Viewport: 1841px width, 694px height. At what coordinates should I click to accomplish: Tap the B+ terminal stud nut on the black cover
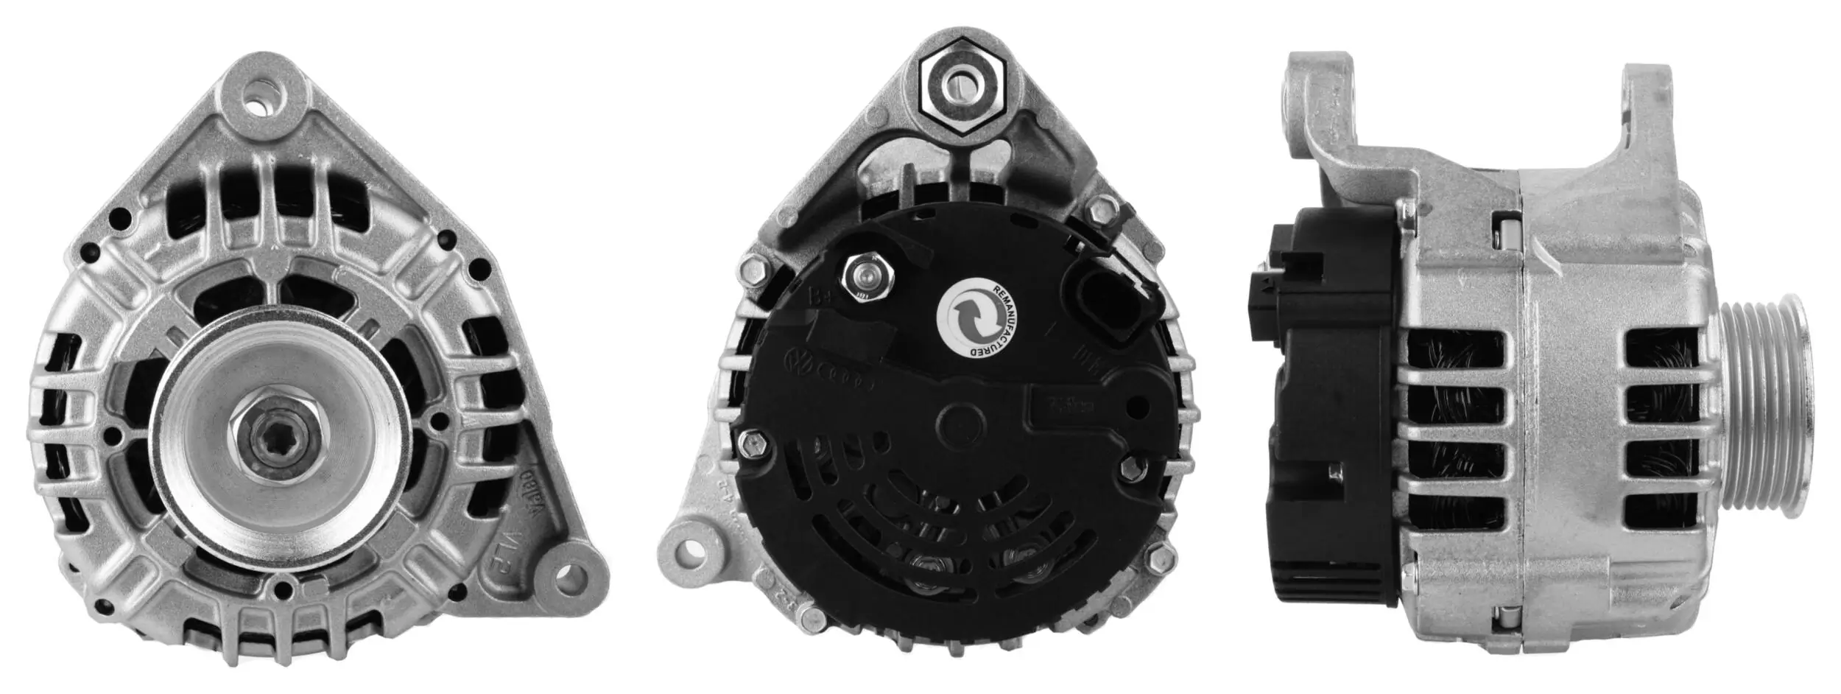coord(865,276)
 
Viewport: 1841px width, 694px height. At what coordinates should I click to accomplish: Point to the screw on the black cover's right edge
coord(1132,466)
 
